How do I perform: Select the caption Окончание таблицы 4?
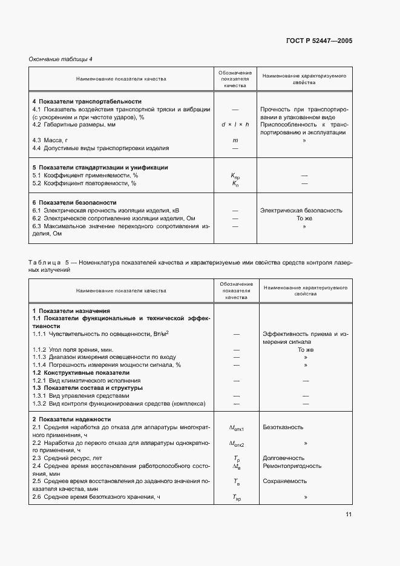click(61, 59)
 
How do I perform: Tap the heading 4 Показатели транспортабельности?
click(87, 101)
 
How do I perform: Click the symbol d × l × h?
click(235, 124)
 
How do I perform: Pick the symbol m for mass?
click(235, 140)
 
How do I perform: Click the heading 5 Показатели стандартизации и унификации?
click(100, 167)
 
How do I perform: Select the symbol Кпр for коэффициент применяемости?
click(235, 176)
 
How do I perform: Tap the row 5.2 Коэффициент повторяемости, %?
click(84, 183)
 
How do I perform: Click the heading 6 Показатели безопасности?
click(74, 202)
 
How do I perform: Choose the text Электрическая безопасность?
click(301, 211)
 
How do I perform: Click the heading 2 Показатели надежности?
click(71, 419)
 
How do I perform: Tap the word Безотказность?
click(283, 427)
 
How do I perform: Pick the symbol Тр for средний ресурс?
click(235, 458)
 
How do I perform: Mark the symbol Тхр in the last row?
click(235, 498)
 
